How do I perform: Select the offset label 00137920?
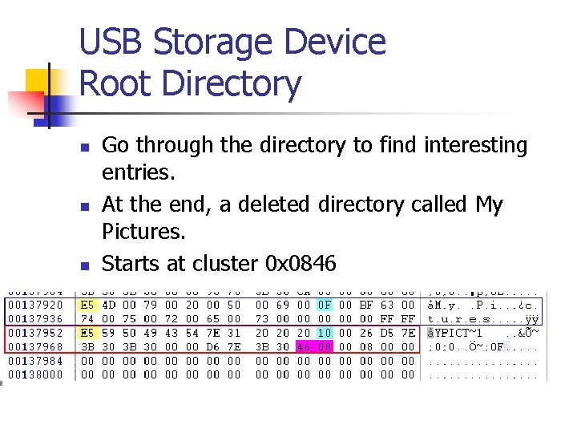tap(34, 305)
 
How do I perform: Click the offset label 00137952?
tap(34, 333)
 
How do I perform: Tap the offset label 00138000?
tap(34, 374)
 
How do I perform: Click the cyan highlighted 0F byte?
tap(325, 305)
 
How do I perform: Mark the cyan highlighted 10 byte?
tap(325, 333)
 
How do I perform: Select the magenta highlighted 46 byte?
tap(304, 346)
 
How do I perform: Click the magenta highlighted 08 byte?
tap(325, 346)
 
